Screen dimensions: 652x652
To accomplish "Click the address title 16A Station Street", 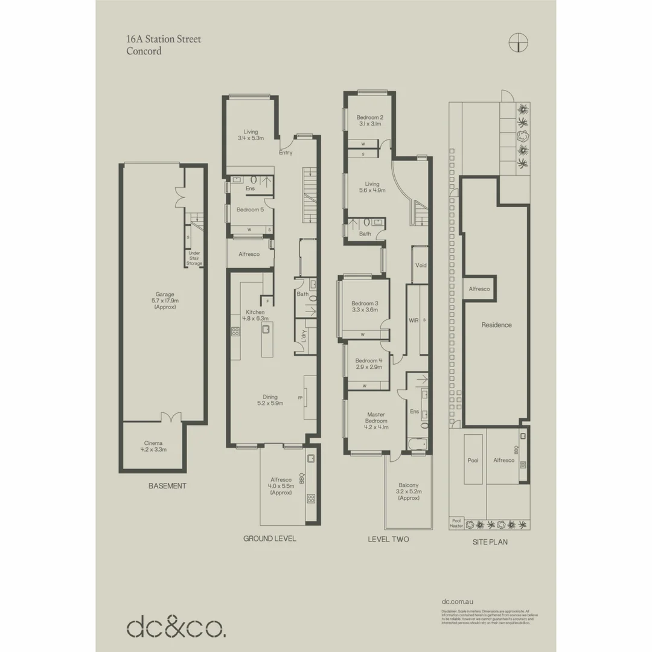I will click(164, 39).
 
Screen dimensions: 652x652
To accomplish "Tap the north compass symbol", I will click(518, 42).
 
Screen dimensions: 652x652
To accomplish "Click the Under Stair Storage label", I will click(194, 258).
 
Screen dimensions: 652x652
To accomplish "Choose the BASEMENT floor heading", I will click(167, 486).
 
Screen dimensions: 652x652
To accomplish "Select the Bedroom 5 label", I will click(250, 209).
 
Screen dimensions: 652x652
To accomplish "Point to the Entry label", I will click(286, 153).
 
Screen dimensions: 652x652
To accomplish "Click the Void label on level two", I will click(421, 266).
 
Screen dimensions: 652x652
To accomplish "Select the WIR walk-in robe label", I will click(414, 319).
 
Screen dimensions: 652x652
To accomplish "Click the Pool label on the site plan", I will click(473, 460).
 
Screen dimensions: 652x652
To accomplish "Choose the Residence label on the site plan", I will click(496, 325).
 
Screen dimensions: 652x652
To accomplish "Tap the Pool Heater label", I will click(457, 523).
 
